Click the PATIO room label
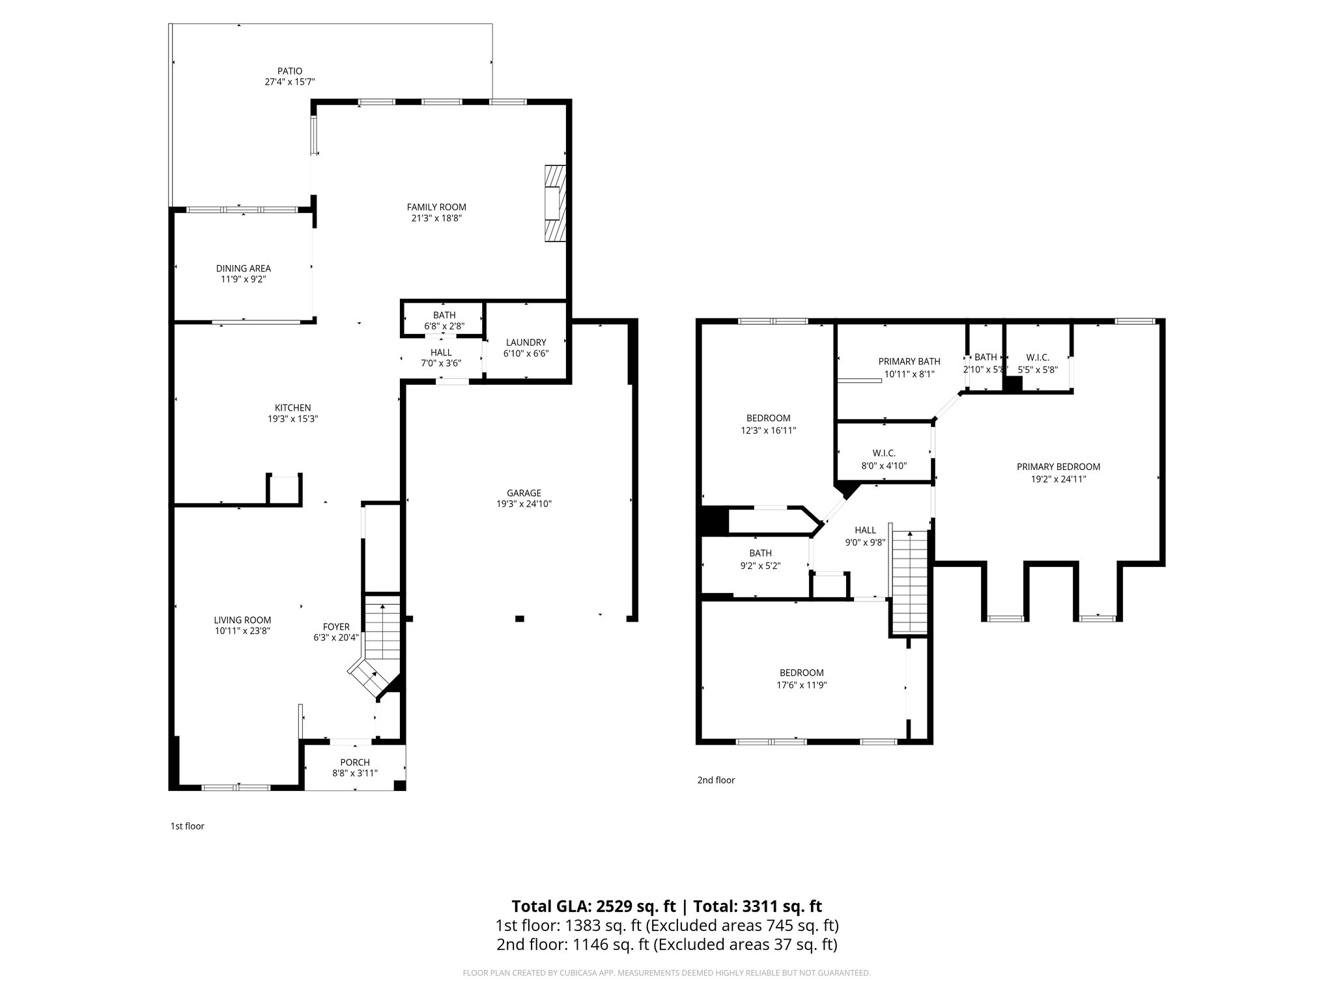[290, 71]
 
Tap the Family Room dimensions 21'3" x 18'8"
[436, 219]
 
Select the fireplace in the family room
[554, 203]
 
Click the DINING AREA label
[244, 268]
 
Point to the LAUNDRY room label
[526, 342]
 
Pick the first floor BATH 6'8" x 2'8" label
[444, 315]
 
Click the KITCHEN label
[292, 408]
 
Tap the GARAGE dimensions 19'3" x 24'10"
[524, 504]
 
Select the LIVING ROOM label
[242, 620]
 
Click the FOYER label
[336, 627]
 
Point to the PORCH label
[355, 762]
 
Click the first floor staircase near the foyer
[382, 638]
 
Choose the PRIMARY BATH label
[909, 362]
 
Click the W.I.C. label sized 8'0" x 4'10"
[884, 453]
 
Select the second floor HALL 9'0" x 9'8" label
[865, 531]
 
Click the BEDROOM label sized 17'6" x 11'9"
[802, 673]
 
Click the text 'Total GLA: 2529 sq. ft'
[593, 906]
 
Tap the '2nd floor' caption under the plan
[716, 780]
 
